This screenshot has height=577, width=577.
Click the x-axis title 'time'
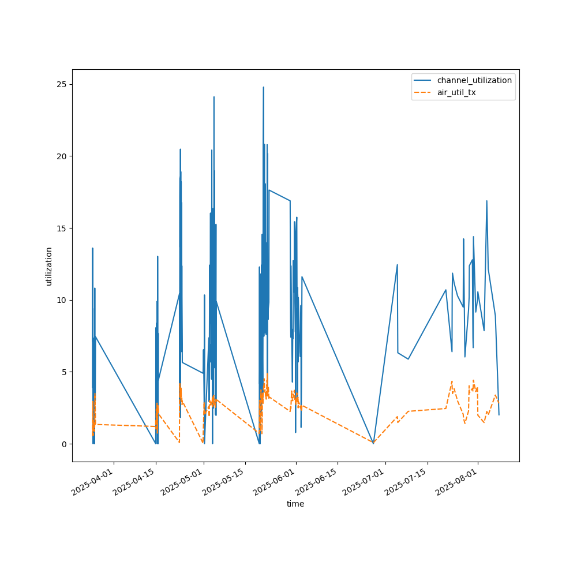[295, 504]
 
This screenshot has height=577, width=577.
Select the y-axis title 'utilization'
[49, 266]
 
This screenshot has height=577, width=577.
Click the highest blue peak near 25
[263, 88]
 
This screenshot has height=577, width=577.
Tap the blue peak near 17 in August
[486, 201]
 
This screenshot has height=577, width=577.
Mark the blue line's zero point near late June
[373, 443]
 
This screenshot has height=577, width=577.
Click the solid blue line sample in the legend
[424, 80]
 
